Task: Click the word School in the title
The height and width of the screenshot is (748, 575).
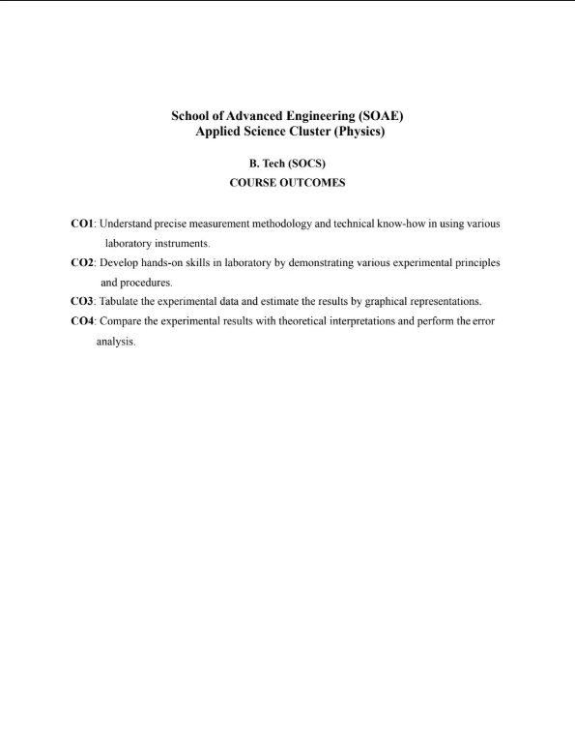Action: tap(191, 116)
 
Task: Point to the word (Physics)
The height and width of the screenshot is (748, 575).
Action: tap(359, 132)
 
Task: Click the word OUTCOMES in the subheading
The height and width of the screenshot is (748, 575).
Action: tap(313, 182)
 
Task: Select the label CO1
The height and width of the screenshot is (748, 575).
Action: tap(82, 224)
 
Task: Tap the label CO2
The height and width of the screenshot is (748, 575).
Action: tap(82, 262)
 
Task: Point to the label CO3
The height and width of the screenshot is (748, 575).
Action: tap(82, 301)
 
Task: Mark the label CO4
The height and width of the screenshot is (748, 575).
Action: tap(82, 320)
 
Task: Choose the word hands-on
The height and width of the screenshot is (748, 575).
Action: tap(163, 262)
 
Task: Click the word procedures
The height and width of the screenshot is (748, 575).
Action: tap(146, 283)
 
